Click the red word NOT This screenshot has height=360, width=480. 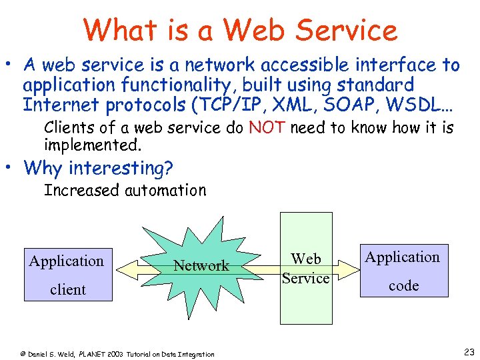point(267,128)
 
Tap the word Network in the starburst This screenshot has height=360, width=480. point(201,265)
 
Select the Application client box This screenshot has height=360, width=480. point(67,274)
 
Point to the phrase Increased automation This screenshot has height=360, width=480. point(125,191)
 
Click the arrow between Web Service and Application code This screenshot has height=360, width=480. point(345,269)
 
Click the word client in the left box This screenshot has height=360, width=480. point(68,289)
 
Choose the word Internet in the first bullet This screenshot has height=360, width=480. point(59,105)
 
